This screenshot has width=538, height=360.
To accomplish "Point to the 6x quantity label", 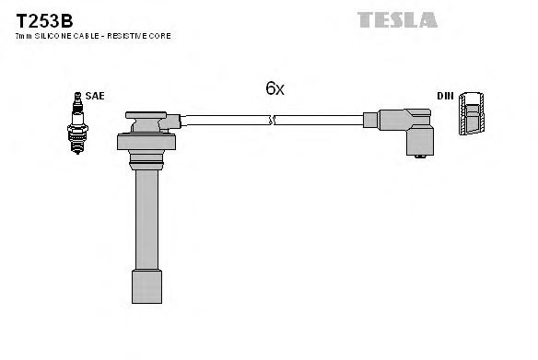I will pos(275,88).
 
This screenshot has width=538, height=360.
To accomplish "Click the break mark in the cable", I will pos(271,119).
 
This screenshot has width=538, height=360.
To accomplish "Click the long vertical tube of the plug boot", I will pos(146,221).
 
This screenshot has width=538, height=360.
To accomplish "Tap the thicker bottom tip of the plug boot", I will pos(146,294).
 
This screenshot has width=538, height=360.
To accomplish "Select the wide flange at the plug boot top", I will pos(146,142).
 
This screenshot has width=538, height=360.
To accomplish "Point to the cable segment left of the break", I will pos(226,119).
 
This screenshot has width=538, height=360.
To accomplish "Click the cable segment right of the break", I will pos(318,119).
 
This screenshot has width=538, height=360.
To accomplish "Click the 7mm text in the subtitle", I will pos(23,35).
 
